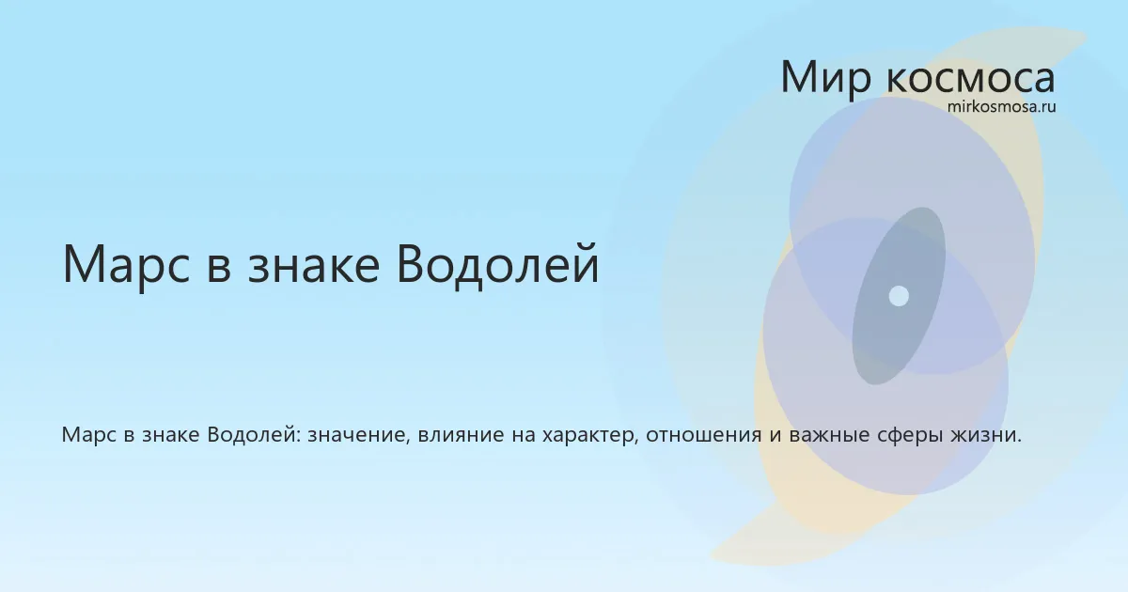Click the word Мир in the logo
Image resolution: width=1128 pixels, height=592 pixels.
pos(826,77)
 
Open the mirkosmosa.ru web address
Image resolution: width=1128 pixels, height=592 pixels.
pos(1001,107)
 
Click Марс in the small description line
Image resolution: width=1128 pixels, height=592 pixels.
pos(88,435)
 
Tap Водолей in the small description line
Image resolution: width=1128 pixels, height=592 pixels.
pos(254,435)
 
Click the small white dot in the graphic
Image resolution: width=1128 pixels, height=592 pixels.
pos(899,296)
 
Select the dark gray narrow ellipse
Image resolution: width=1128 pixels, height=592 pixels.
pos(899,296)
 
